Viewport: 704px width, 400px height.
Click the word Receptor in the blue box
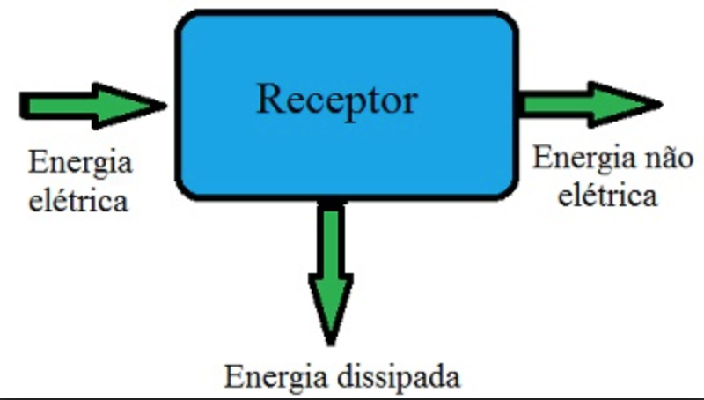(x=335, y=100)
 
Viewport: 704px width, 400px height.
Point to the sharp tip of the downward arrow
(x=331, y=342)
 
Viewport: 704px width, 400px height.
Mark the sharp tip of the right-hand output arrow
(x=660, y=104)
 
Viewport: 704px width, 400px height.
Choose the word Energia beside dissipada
(x=276, y=376)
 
